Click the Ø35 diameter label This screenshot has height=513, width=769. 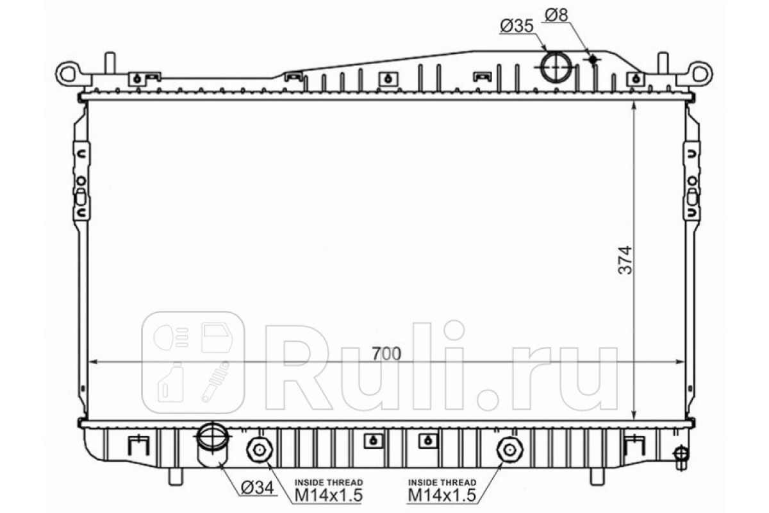517,26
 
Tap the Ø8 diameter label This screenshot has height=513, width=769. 556,15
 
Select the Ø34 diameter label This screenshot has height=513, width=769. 258,487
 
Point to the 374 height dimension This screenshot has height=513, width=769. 624,260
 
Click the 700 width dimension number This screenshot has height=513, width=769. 386,354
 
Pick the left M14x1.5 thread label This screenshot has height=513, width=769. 329,496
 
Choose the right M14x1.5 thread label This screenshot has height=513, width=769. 442,496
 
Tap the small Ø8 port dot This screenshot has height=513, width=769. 593,59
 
